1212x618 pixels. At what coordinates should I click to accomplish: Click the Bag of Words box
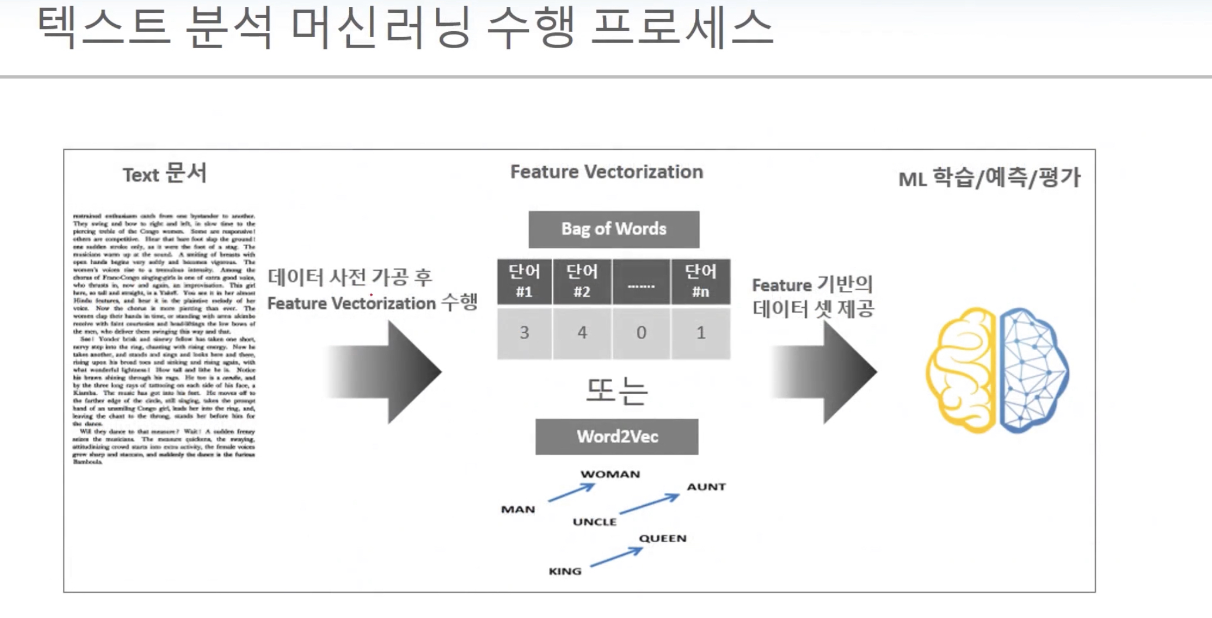614,229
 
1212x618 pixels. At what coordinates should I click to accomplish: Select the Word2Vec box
617,436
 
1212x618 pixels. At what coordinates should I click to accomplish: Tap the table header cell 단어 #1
524,281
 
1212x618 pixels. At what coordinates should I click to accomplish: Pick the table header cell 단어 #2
582,281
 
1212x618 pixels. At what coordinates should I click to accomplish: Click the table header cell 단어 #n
701,281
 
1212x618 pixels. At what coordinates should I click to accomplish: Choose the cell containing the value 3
524,333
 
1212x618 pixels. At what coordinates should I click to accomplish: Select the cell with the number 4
582,333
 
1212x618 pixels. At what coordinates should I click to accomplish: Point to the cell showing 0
641,333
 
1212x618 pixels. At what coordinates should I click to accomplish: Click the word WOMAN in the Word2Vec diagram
610,474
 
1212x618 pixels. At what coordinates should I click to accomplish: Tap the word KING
565,571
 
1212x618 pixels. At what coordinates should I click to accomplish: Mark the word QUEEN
663,538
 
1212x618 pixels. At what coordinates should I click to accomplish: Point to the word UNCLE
595,522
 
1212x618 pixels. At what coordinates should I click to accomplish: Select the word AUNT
707,487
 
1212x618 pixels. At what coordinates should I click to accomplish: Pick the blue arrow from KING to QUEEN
616,557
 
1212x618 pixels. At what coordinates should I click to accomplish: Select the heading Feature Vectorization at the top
606,172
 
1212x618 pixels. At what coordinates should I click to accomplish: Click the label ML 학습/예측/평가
989,178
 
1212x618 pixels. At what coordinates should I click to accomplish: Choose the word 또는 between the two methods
617,391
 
